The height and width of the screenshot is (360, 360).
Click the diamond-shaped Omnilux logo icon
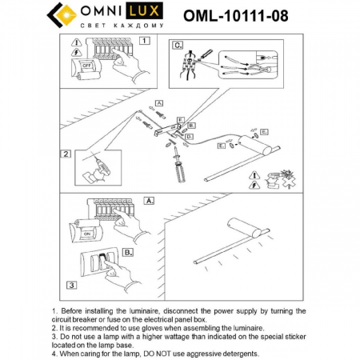[64, 15]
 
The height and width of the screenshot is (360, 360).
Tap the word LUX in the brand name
[148, 12]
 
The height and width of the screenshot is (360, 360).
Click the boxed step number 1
[144, 40]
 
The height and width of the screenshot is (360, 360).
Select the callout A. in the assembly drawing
[159, 103]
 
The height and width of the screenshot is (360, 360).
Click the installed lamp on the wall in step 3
[232, 248]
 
